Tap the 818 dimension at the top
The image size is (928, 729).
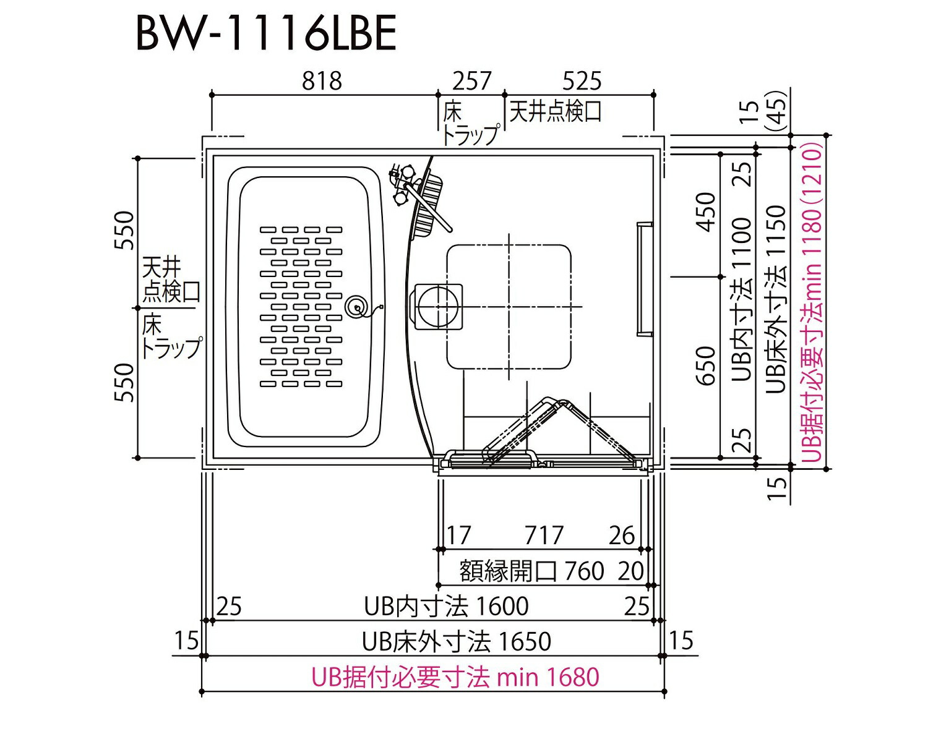coord(322,81)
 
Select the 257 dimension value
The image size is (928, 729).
coord(472,81)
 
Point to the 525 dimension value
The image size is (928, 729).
coord(582,81)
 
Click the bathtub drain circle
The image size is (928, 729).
coord(357,307)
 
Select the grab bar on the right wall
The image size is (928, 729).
coord(643,279)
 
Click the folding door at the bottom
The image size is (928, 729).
coord(544,433)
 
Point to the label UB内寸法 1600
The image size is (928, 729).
coord(446,607)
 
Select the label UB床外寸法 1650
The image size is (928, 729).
coord(457,641)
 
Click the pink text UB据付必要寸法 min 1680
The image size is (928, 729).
coord(455,677)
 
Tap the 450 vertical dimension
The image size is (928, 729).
coord(706,211)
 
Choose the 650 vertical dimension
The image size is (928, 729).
coord(706,365)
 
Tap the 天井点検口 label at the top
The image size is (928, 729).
coord(555,112)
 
